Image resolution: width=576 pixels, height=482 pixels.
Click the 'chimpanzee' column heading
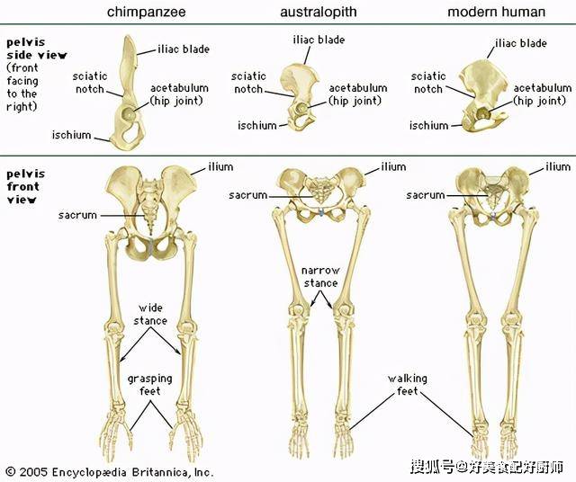coord(146,12)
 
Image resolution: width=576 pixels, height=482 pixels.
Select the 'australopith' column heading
coord(318,12)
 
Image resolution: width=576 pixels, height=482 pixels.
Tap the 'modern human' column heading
coord(496,12)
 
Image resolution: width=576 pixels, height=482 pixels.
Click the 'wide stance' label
coord(150,314)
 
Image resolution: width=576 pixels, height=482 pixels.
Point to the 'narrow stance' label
coord(320,277)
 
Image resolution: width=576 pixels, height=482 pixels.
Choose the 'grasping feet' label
coord(150,385)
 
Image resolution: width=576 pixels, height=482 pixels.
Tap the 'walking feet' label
coord(408,385)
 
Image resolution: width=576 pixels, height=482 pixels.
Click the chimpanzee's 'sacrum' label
coord(77,215)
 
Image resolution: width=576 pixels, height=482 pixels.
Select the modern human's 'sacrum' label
coord(426,195)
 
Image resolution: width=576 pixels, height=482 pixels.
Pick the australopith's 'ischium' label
coord(257,126)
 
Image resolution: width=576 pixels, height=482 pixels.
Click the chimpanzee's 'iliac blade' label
coord(184,49)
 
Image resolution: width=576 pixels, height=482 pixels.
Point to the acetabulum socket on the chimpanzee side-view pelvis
coord(130,114)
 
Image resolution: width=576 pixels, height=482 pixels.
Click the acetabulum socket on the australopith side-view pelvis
coord(301,108)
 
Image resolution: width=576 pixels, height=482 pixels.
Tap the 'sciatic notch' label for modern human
coord(428,83)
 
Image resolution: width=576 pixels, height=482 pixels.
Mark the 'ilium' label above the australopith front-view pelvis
coord(393,167)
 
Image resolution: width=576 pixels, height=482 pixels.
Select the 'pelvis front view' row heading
coord(26,186)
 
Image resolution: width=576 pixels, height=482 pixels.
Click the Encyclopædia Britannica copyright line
coord(110,472)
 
